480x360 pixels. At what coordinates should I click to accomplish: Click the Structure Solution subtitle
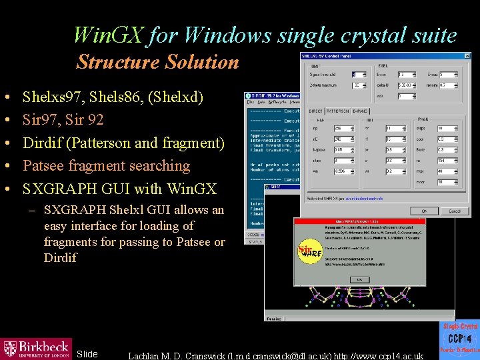point(157,62)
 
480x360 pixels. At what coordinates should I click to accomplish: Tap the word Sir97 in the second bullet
point(38,120)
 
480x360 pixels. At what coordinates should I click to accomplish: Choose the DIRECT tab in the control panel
point(316,111)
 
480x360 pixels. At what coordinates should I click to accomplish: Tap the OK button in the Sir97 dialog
point(359,279)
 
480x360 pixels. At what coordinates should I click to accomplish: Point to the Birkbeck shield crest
point(10,347)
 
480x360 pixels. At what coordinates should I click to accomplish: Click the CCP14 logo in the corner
point(459,341)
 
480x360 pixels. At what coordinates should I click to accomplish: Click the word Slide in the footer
point(87,354)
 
